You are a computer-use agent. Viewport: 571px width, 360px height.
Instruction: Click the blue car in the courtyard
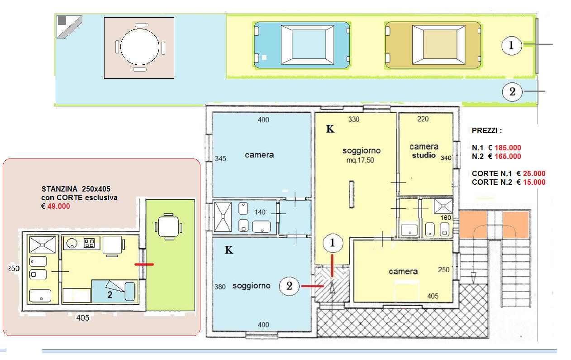point(302,45)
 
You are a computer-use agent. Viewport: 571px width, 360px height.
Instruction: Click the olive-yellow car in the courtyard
point(433,45)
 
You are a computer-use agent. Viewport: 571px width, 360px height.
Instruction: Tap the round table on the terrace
point(140,47)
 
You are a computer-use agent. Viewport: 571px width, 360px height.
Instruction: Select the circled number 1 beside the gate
point(511,46)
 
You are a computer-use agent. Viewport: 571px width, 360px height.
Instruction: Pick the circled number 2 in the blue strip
point(512,92)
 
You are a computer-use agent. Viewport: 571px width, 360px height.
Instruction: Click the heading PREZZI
point(487,130)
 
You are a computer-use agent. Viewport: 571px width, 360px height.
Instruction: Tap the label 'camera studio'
point(424,151)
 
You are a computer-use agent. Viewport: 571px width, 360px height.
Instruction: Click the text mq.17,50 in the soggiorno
point(360,160)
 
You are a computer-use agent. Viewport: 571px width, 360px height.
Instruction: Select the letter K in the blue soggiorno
point(228,250)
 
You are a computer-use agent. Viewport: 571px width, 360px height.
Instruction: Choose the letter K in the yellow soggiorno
point(330,129)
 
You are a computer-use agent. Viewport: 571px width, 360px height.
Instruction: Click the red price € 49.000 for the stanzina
point(56,206)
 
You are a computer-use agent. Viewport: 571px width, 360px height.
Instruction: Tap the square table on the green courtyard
point(168,227)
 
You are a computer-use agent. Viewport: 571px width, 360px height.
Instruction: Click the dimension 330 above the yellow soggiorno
point(354,120)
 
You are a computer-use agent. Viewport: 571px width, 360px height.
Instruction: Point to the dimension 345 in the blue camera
point(220,158)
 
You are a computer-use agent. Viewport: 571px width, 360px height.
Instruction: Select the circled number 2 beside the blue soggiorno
point(289,286)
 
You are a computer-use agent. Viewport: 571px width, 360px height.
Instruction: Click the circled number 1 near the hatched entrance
point(333,243)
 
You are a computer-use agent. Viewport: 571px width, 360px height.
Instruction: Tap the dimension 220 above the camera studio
point(423,119)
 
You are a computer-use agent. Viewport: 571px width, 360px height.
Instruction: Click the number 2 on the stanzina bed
point(110,295)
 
